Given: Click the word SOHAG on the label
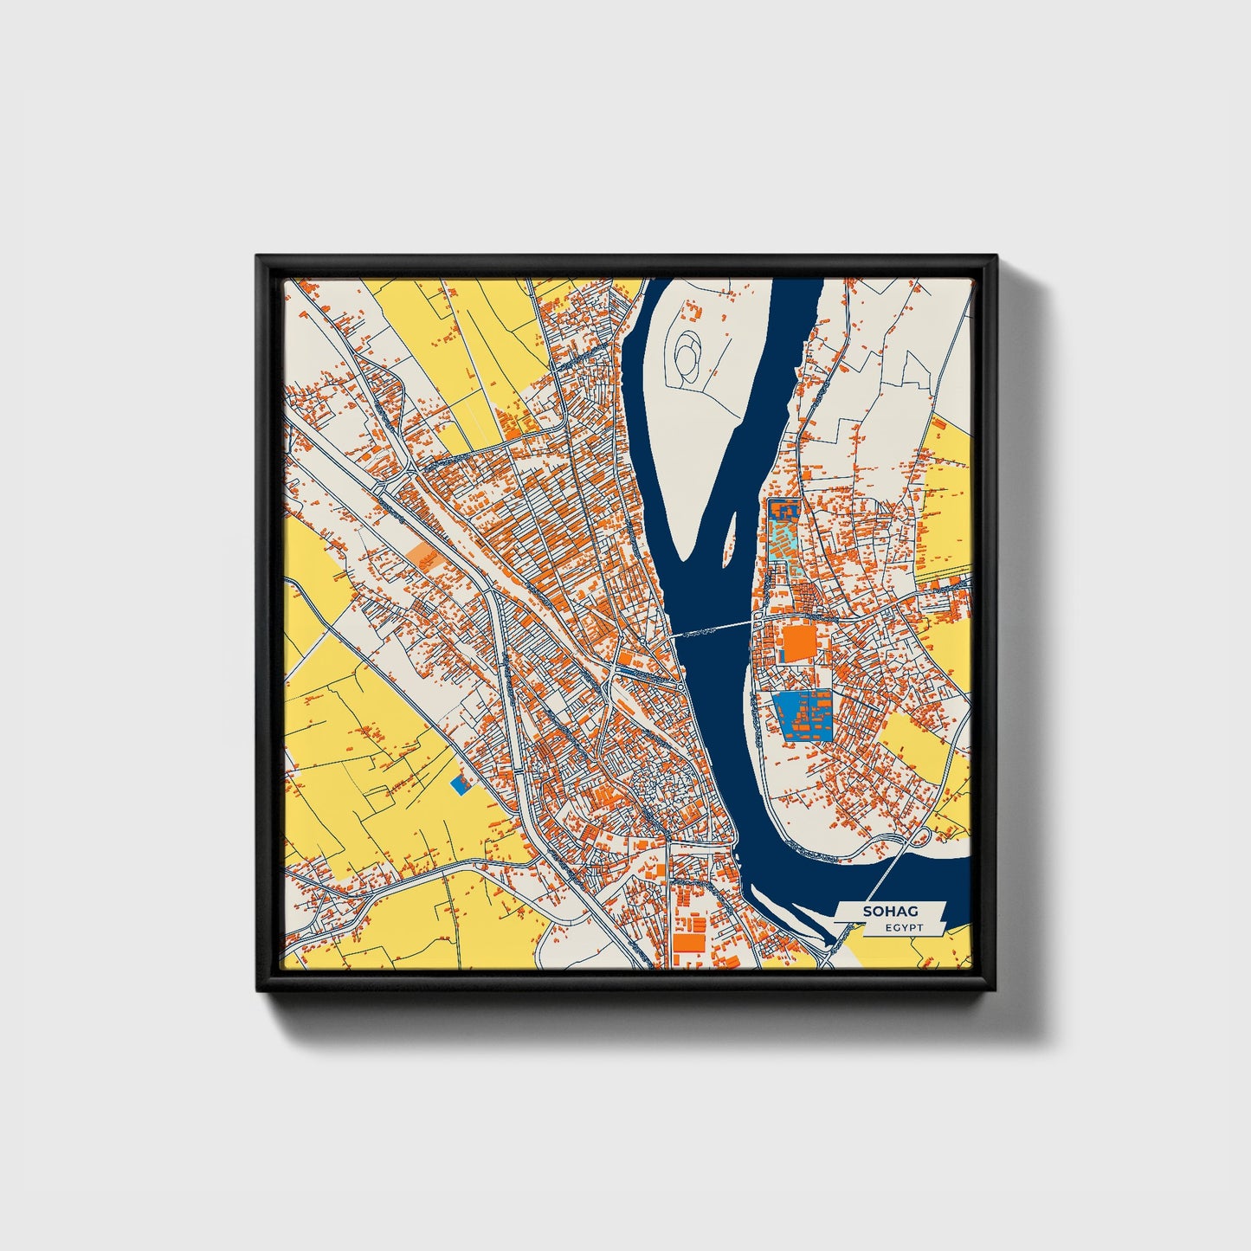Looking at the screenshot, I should [890, 912].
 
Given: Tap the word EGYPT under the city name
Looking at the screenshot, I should [904, 928].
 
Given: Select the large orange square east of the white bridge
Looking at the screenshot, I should [798, 644].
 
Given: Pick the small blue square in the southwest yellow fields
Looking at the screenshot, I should [461, 783].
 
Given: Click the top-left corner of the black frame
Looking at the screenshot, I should [257, 256].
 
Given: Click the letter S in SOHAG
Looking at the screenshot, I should [867, 912].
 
